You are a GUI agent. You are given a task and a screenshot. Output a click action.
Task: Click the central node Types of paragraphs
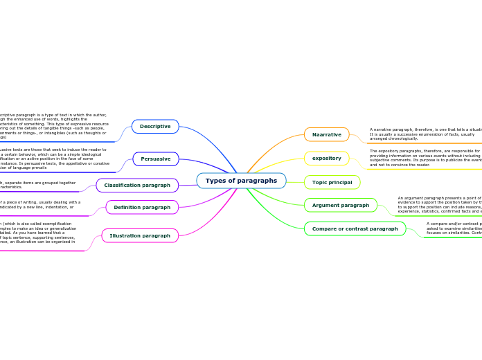tap(241, 181)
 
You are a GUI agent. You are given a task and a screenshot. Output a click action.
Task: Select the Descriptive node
tap(155, 126)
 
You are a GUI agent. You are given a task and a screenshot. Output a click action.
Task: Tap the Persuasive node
tap(155, 159)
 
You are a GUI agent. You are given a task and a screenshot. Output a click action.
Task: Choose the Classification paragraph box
tap(137, 186)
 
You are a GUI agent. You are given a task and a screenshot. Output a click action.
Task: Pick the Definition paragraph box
tap(142, 207)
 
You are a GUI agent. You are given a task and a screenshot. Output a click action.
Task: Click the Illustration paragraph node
tap(140, 235)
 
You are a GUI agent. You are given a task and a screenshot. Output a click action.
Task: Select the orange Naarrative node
tap(326, 134)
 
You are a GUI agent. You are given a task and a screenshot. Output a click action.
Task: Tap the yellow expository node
tap(326, 158)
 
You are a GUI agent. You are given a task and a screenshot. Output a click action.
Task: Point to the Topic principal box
tap(332, 182)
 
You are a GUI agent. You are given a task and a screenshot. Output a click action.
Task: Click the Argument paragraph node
tap(340, 205)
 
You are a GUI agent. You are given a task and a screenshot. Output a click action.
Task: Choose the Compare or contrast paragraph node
tap(355, 228)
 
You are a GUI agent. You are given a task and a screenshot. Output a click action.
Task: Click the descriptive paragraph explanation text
tap(53, 126)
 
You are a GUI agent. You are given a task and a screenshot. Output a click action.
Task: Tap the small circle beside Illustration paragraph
tap(98, 235)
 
